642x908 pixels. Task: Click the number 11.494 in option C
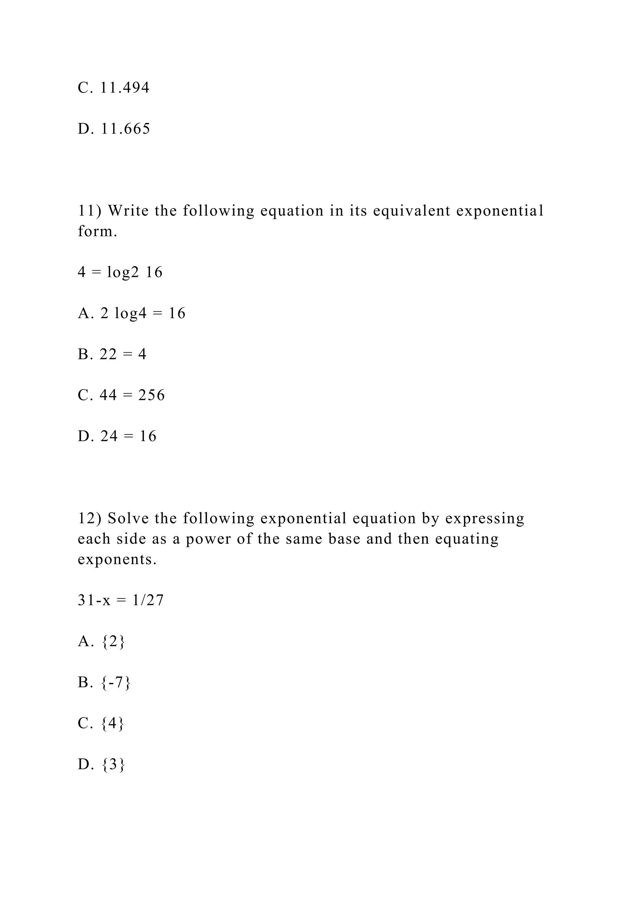pyautogui.click(x=124, y=88)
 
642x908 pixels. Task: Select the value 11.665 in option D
pyautogui.click(x=125, y=129)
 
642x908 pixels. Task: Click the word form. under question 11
pyautogui.click(x=97, y=231)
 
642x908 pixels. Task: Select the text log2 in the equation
pyautogui.click(x=123, y=272)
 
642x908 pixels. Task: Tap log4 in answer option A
pyautogui.click(x=130, y=314)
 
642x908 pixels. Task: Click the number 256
pyautogui.click(x=151, y=395)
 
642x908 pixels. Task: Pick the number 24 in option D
pyautogui.click(x=109, y=436)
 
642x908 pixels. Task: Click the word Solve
pyautogui.click(x=128, y=519)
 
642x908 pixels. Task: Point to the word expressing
pyautogui.click(x=485, y=519)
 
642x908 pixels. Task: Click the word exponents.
pyautogui.click(x=117, y=560)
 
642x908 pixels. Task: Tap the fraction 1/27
pyautogui.click(x=148, y=600)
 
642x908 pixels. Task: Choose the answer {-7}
pyautogui.click(x=115, y=683)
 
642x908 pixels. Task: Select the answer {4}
pyautogui.click(x=113, y=723)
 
